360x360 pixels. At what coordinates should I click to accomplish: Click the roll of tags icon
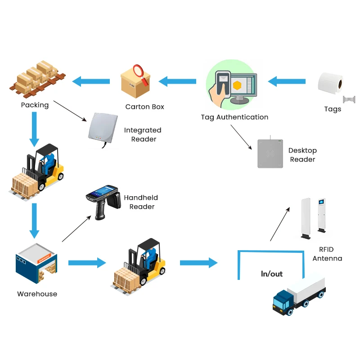(330, 83)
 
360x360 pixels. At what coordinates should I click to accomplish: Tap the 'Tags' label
(333, 109)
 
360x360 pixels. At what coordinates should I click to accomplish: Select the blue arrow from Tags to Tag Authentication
(287, 82)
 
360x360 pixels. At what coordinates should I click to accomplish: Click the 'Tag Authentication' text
(234, 117)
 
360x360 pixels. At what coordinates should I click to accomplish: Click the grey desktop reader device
(270, 153)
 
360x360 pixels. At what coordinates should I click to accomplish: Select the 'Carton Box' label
(144, 107)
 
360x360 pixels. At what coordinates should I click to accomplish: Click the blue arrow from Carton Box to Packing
(91, 81)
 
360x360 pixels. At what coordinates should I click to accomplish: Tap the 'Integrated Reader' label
(143, 135)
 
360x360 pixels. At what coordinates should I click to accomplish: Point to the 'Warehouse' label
(37, 294)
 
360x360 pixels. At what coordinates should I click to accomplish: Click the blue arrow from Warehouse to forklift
(87, 262)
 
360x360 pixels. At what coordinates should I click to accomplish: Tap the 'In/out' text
(272, 274)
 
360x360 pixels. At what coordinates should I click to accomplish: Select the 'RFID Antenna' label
(327, 254)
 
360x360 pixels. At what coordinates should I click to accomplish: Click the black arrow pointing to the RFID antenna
(280, 224)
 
